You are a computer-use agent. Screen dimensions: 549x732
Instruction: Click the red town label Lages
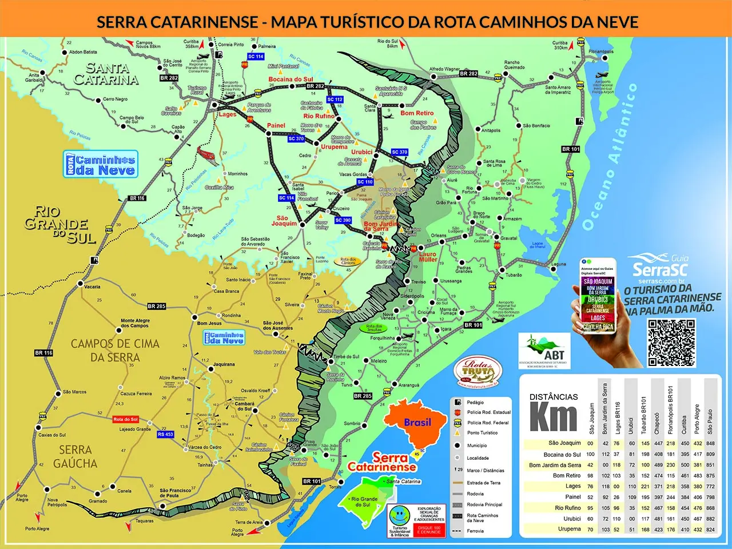[227, 114]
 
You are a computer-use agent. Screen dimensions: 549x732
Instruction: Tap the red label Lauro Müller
[428, 257]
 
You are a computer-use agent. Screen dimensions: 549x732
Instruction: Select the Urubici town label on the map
[361, 152]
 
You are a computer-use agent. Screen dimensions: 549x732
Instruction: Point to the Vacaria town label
[92, 287]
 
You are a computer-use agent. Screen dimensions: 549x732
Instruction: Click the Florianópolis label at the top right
[601, 51]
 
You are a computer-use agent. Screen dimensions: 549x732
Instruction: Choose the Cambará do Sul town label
[244, 407]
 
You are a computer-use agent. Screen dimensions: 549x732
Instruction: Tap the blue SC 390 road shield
[343, 220]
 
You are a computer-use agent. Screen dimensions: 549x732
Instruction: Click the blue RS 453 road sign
[165, 435]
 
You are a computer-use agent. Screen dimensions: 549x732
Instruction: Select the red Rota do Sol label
[125, 419]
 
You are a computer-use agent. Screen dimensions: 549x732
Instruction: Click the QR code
[671, 343]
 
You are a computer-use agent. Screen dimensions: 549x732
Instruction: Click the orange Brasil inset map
[417, 424]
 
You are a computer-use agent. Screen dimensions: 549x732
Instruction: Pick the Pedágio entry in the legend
[475, 403]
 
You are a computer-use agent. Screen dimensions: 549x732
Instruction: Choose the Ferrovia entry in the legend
[475, 531]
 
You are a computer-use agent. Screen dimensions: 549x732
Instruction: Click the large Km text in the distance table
[552, 416]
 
